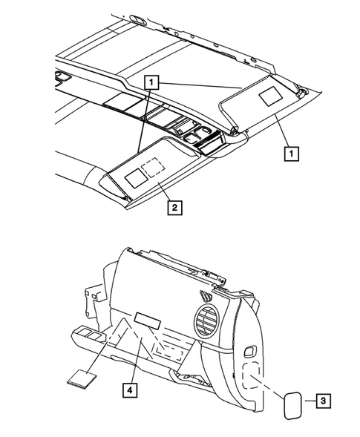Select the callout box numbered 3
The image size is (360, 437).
[323, 401]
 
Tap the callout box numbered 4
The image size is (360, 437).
[131, 388]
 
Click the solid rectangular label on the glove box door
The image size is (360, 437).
[148, 320]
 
